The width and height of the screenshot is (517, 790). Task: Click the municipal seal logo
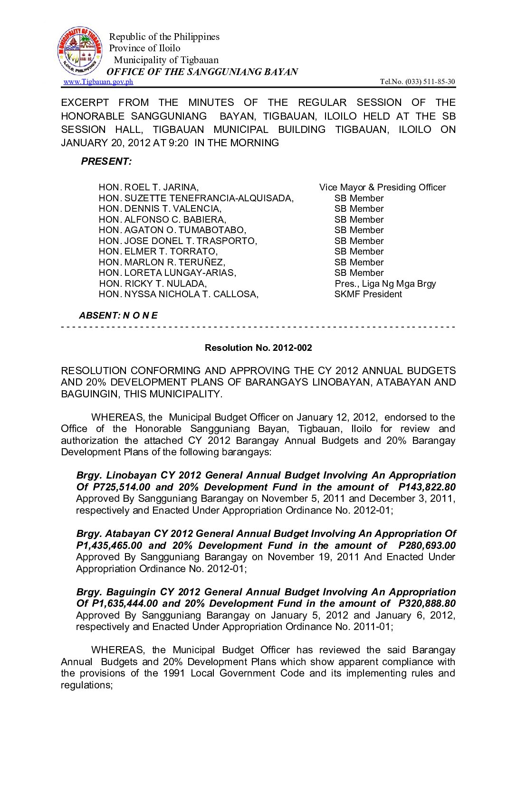tap(80, 51)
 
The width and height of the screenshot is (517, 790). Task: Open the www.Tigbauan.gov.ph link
tap(98, 82)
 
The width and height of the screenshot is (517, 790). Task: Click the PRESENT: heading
tap(106, 161)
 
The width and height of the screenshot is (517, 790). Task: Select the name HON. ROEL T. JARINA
tap(149, 188)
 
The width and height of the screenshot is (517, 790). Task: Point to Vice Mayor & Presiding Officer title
tap(383, 188)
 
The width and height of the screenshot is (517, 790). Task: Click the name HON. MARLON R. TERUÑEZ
tap(162, 262)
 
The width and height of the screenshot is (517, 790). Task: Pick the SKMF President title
tap(368, 294)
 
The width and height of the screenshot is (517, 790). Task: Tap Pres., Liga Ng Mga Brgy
tap(385, 284)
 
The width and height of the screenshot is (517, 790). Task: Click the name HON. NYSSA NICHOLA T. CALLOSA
tap(179, 294)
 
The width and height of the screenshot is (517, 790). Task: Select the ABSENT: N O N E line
tap(118, 315)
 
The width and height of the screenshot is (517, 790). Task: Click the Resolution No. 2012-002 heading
tap(258, 348)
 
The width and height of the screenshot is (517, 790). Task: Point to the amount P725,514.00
tap(121, 487)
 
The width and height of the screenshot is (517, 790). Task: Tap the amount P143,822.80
tap(427, 487)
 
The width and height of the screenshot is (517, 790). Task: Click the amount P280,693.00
tap(427, 545)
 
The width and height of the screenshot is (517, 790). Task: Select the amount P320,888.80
tap(427, 603)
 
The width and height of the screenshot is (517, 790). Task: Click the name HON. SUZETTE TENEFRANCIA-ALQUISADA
tap(196, 198)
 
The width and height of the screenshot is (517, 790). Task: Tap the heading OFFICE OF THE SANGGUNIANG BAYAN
tap(202, 72)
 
